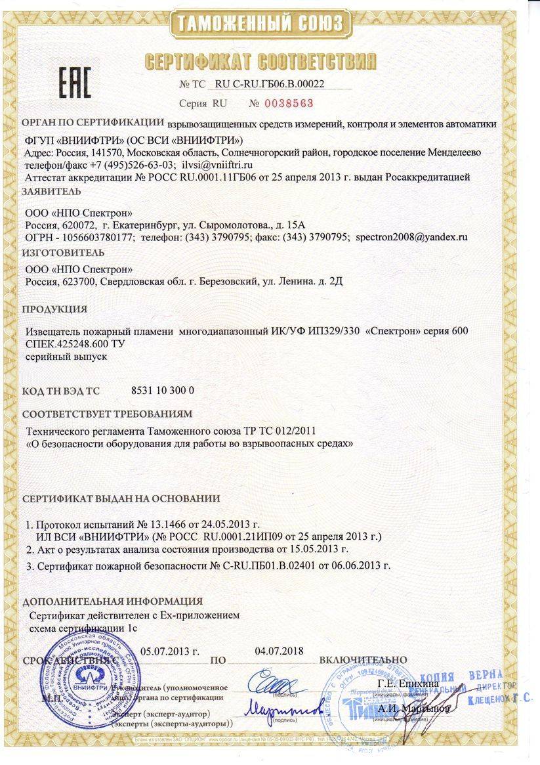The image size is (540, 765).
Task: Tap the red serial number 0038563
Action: point(289,103)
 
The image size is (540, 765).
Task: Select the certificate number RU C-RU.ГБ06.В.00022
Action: point(270,84)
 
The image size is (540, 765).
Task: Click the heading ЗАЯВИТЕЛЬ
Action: point(52,192)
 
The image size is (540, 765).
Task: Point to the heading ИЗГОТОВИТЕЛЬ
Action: point(63,252)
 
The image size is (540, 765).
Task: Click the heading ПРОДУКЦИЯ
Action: point(55,309)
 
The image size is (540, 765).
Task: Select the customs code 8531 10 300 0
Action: point(163,391)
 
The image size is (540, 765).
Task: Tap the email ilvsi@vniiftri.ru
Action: point(218,164)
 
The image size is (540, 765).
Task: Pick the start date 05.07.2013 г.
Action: point(170,651)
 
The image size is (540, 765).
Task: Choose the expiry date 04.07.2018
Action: point(279,651)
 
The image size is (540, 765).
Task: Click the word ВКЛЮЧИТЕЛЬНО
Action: point(363,659)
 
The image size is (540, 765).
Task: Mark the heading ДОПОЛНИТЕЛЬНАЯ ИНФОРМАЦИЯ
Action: point(112,601)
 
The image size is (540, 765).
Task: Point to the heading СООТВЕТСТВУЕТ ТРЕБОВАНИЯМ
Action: point(108,414)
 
